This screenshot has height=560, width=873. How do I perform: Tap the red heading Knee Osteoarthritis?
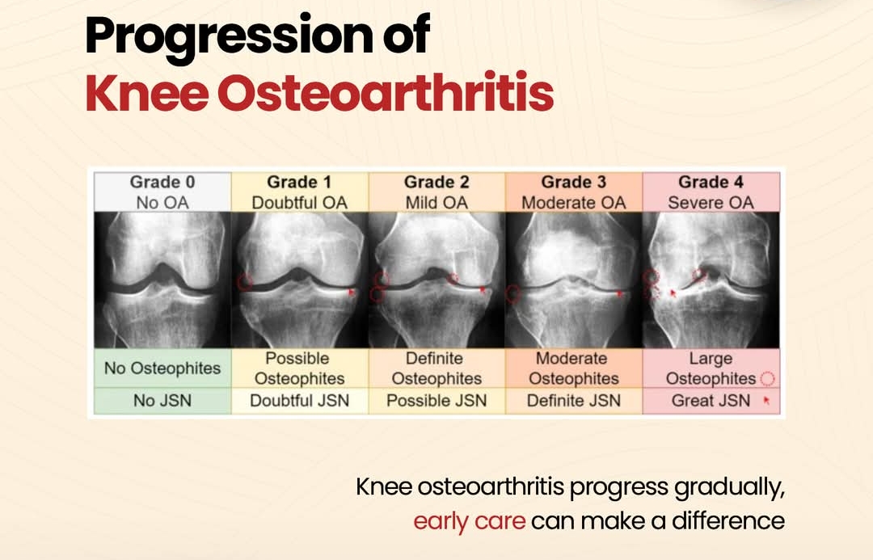pos(319,95)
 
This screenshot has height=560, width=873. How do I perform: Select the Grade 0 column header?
pos(162,192)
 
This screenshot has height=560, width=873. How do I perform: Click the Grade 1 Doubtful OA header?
pos(299,192)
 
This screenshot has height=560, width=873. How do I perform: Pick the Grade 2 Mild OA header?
pos(436,192)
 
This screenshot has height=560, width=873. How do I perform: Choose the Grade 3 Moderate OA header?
pos(573,192)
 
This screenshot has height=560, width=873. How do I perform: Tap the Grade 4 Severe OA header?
pos(711,192)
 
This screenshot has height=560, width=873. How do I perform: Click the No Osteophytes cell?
pos(162,368)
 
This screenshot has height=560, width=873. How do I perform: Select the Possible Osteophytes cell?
pos(299,368)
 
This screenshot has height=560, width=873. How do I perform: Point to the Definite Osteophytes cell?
pos(436,368)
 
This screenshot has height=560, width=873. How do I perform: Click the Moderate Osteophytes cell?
pos(573,368)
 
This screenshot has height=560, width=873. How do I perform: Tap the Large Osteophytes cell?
pos(711,368)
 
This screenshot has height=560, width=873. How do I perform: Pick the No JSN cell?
pos(162,401)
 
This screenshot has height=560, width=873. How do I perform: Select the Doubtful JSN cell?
pos(299,401)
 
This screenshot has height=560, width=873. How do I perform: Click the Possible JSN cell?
pos(436,401)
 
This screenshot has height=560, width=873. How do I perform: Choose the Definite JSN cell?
pos(573,401)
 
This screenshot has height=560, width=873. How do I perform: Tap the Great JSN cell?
pos(711,401)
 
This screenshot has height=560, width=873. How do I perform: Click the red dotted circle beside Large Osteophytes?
pos(767,379)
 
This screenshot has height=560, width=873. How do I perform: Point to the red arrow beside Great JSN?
pos(765,400)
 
